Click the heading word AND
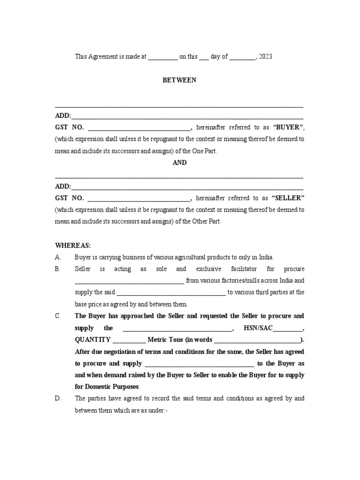[x=180, y=163]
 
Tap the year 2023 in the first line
[x=265, y=57]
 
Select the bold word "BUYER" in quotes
[x=288, y=127]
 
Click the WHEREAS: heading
[x=73, y=245]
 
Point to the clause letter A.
[x=58, y=257]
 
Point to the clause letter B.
[x=58, y=269]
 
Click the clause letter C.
[x=58, y=316]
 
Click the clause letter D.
[x=58, y=398]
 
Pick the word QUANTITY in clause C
[x=92, y=340]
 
